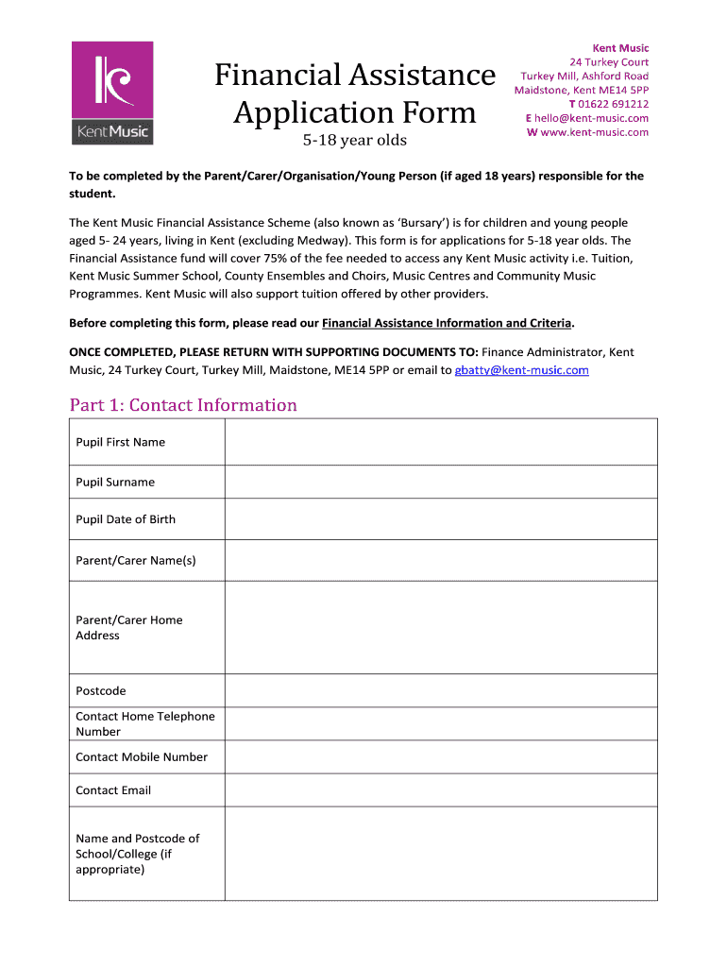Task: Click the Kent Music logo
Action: point(112,93)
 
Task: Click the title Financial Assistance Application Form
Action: point(354,93)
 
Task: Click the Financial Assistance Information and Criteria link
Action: point(447,323)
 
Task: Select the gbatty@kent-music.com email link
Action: point(521,370)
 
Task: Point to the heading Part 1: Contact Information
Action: point(183,405)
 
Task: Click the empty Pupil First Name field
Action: point(440,442)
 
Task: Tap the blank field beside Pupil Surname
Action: point(440,482)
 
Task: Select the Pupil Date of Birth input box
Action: point(440,519)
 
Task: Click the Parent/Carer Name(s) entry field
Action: point(440,560)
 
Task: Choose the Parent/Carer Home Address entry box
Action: point(440,627)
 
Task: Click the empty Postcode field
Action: point(440,690)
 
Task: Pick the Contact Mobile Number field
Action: point(440,756)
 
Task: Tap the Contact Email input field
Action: point(440,789)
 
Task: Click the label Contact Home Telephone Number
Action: point(144,723)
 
